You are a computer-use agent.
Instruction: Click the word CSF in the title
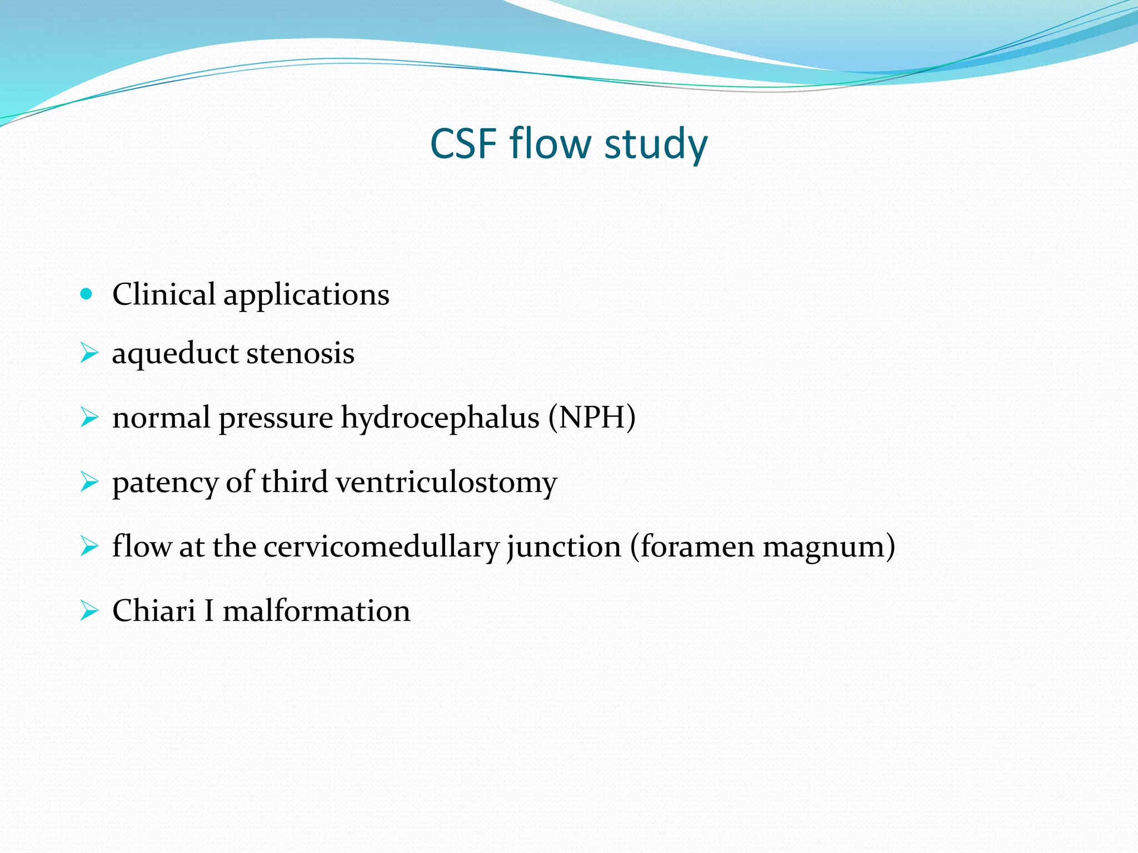463,144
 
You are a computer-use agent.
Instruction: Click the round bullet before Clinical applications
86,294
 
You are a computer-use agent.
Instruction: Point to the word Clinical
163,294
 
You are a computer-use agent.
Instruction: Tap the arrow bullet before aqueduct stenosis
88,353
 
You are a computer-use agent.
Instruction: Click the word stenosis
300,353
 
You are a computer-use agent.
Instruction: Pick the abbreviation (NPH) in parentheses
592,417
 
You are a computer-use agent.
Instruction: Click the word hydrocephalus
440,418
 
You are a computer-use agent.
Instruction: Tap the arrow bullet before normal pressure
88,417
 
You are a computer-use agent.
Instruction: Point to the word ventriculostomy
446,482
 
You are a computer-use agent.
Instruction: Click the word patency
164,482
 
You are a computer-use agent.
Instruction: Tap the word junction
563,546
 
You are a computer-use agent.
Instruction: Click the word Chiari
154,611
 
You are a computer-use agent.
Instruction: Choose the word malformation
316,611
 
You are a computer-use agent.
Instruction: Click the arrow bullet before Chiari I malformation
88,611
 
